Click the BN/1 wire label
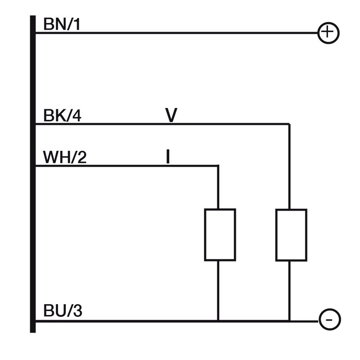coord(62,24)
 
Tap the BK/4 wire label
coord(62,116)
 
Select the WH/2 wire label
coord(65,157)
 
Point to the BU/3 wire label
coord(63,311)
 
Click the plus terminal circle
coord(328,32)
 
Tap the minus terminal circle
coord(330,319)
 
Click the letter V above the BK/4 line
coord(171,115)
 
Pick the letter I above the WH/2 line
coord(168,157)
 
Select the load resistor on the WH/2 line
coord(220,234)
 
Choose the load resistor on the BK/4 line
coord(291,235)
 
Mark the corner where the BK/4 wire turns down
coord(289,124)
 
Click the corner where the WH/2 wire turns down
coord(218,166)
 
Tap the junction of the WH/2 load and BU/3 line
coord(218,321)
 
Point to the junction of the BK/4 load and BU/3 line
coord(289,321)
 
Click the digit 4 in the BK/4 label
coord(77,116)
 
